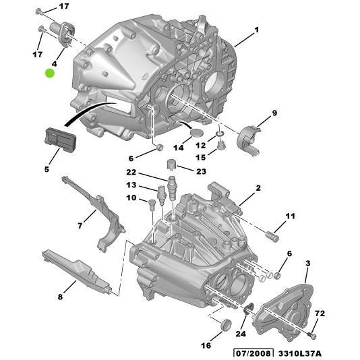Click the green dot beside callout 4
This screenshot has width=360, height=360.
point(50,73)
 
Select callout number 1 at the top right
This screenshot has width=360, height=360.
point(257,30)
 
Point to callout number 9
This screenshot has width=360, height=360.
point(274,112)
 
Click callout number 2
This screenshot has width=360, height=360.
point(258,189)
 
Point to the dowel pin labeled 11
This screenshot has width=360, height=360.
point(273,236)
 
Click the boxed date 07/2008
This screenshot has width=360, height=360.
point(250,353)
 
